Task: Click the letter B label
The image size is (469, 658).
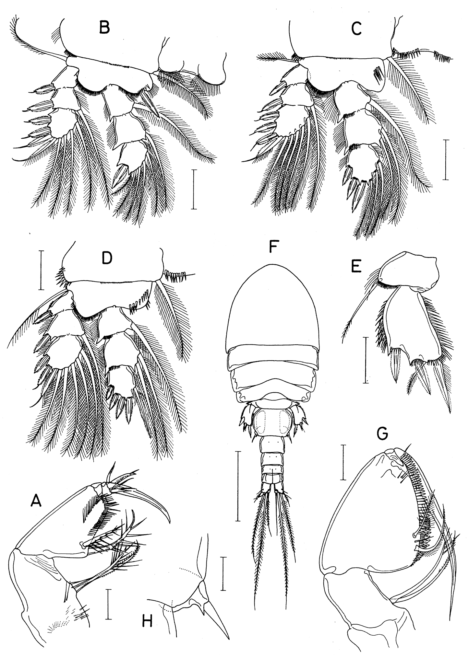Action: tap(105, 28)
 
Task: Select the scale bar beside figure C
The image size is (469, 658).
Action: tap(447, 159)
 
